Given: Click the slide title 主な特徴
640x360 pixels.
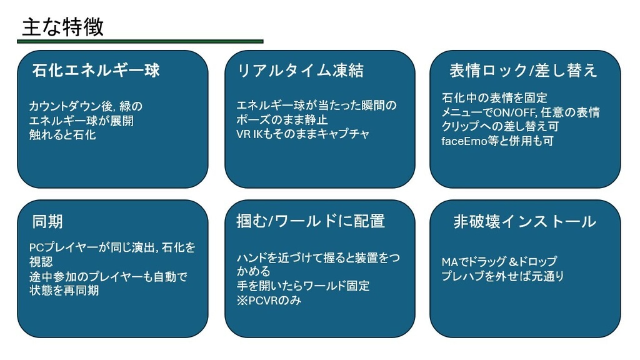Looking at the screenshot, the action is [x=63, y=27].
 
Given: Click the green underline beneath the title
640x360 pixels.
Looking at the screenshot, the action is [x=140, y=41].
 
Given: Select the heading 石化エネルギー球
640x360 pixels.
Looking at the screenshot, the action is [x=96, y=71].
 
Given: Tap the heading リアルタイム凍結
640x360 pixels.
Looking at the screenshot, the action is [x=300, y=71].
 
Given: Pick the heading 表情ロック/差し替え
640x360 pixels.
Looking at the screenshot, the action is [x=524, y=71].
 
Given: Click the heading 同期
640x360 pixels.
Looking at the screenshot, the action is [x=47, y=222].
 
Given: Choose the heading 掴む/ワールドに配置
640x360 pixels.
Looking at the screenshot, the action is [x=311, y=221].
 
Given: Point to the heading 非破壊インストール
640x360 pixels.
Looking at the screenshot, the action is [x=525, y=222].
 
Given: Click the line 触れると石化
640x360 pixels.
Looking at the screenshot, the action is [x=62, y=135].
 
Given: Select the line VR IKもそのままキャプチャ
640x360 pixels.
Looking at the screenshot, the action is [x=303, y=134].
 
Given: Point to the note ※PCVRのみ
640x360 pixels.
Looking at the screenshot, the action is [x=269, y=301].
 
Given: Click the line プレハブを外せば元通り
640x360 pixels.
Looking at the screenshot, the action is [x=502, y=276].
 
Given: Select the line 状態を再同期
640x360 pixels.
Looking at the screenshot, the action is [x=64, y=290].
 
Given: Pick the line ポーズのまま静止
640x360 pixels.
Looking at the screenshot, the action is [x=282, y=119].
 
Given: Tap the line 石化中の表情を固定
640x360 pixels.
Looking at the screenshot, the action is [x=494, y=98].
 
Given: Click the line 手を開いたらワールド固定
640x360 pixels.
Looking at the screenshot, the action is [x=303, y=286].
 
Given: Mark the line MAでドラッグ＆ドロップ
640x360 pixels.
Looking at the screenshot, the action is [x=499, y=262].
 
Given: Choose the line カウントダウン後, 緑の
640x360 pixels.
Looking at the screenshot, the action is [x=86, y=106].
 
